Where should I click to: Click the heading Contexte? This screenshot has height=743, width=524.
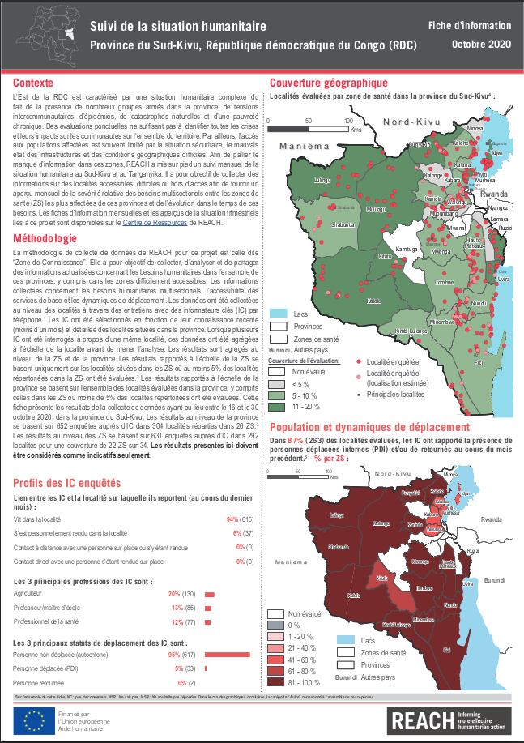(34, 83)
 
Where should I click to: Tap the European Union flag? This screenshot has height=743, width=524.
(33, 720)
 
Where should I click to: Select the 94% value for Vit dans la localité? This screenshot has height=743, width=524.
(232, 519)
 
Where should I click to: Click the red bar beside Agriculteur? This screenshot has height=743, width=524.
(208, 595)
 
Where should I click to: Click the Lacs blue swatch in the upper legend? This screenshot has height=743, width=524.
(279, 313)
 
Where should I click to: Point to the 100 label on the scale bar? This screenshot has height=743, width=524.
(349, 121)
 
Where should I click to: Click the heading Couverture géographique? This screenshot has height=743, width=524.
(328, 83)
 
